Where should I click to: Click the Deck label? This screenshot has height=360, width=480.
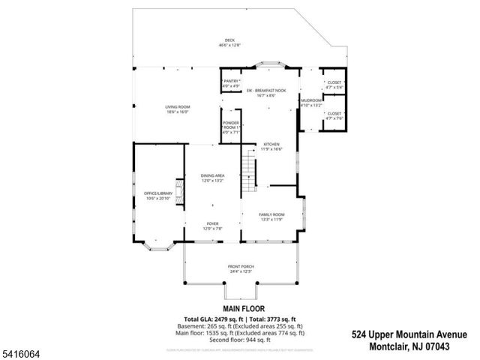point(229,42)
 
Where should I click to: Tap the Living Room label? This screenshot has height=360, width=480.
point(178,109)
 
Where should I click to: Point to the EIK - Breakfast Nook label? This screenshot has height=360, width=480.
point(271,92)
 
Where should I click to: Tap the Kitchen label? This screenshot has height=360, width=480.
point(271,146)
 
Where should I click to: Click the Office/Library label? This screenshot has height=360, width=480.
point(158,196)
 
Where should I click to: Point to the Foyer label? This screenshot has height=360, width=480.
point(214,226)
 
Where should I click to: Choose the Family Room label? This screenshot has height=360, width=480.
point(271,216)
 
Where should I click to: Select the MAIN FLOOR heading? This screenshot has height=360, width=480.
point(240,308)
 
